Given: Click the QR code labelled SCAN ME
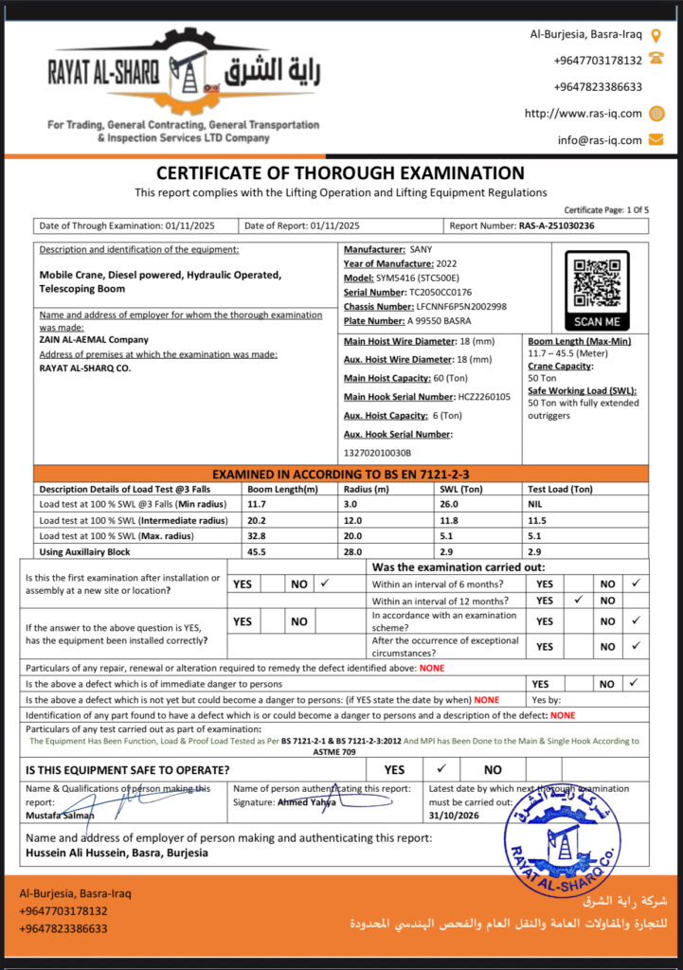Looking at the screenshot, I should point(597,281).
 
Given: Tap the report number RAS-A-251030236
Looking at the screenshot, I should point(557,225).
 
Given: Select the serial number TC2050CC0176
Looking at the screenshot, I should point(437,292).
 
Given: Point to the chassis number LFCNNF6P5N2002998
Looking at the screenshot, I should point(461,306).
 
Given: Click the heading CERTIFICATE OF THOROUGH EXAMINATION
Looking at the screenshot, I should point(340,173).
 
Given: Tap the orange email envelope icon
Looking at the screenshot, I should point(656,139).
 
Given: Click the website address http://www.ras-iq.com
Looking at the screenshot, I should point(583,113).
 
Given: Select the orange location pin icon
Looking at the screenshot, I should point(656,35).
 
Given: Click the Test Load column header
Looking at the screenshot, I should point(560,489).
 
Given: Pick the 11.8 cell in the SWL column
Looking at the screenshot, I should point(450,520).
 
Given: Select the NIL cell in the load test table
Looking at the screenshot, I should point(536,505).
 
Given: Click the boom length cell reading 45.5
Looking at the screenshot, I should point(257,551).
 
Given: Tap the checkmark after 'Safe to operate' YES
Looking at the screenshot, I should point(440,769).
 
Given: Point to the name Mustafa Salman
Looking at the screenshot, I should point(60,815).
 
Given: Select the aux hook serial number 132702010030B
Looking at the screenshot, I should point(385,452).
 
